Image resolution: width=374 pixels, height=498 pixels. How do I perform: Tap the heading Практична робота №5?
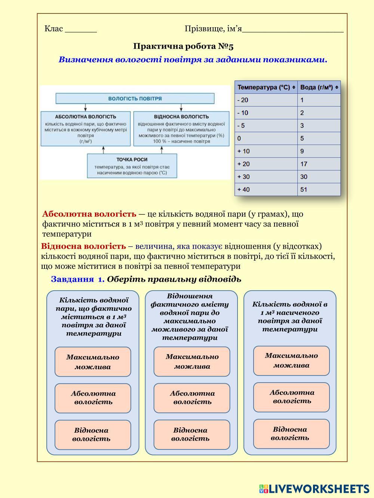[183, 46]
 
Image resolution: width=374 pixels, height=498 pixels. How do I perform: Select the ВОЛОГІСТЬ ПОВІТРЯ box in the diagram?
[135, 99]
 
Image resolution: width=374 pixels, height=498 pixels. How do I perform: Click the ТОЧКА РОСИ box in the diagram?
[132, 166]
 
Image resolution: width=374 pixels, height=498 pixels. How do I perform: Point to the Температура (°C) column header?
[266, 87]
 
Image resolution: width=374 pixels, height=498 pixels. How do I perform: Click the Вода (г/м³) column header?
[319, 87]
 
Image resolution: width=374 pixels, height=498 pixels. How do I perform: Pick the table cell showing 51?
[319, 189]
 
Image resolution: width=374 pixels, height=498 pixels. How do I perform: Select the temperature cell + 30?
[266, 177]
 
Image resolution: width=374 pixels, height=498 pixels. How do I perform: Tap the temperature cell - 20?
[266, 100]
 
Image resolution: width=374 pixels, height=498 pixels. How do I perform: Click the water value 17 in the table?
[319, 164]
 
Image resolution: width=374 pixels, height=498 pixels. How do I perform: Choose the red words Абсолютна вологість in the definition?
[89, 214]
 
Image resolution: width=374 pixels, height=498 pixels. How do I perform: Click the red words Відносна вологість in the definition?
[83, 247]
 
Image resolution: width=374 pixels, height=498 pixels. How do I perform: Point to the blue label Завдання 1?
[78, 279]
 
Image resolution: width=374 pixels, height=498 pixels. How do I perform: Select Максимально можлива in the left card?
[93, 362]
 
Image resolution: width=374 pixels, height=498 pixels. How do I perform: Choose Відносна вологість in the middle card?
[191, 434]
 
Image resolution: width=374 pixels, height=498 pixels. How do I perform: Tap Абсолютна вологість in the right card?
[291, 397]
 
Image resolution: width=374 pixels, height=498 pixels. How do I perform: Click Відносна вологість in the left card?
[93, 435]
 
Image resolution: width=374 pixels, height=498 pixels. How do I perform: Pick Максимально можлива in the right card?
[291, 361]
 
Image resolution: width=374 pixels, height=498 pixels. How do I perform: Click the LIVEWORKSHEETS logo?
[314, 489]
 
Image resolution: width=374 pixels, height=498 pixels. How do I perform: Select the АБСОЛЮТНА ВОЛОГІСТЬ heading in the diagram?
[86, 117]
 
